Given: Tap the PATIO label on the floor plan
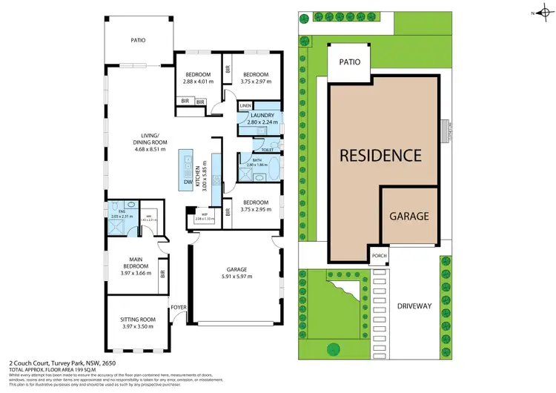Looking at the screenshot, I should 138,41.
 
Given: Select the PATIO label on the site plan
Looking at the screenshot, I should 349,62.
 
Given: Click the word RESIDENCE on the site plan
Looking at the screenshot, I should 381,156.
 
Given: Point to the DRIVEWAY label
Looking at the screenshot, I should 415,304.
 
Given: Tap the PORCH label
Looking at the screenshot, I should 380,257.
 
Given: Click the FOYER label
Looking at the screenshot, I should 178,306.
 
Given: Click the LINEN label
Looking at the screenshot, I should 245,106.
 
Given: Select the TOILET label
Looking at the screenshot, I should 267,149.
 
